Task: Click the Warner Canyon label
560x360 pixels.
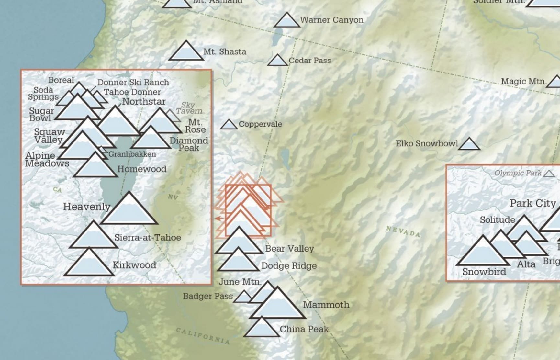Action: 331,20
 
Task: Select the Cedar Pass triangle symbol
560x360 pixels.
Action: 277,61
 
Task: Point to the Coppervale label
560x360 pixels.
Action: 260,124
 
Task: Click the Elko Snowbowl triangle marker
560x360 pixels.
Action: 469,145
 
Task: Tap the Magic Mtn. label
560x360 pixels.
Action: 523,82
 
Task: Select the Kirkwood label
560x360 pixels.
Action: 134,265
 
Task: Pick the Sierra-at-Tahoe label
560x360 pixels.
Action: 147,238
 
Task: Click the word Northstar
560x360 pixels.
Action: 144,102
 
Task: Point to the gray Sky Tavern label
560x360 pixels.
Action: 189,108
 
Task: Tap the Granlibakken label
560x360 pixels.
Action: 132,154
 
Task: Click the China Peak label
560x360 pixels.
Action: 304,329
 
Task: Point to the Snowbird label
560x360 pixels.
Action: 484,272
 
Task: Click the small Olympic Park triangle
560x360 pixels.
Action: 549,174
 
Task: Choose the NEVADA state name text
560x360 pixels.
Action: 403,231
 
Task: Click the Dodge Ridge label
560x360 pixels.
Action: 289,266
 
